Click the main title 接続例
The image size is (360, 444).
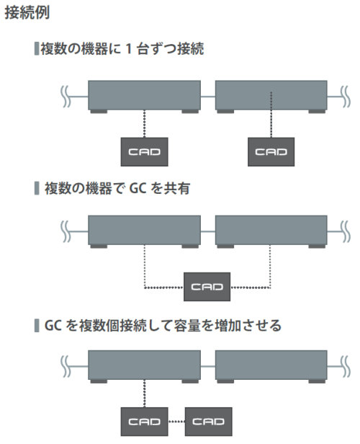pyautogui.click(x=27, y=13)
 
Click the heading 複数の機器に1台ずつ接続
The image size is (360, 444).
pyautogui.click(x=122, y=48)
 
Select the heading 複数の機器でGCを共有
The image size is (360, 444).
pyautogui.click(x=117, y=188)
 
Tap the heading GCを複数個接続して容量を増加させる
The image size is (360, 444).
pyautogui.click(x=163, y=325)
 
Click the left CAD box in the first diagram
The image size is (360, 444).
pyautogui.click(x=144, y=152)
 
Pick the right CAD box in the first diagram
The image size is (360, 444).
pyautogui.click(x=271, y=152)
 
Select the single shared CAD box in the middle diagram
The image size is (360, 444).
pyautogui.click(x=207, y=287)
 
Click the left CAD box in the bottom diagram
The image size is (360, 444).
pyautogui.click(x=144, y=422)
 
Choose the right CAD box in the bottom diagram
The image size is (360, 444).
pyautogui.click(x=208, y=422)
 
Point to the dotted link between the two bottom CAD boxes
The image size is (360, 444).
pyautogui.click(x=176, y=422)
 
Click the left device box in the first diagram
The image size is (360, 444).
pyautogui.click(x=144, y=97)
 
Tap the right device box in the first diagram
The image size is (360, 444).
pyautogui.click(x=271, y=97)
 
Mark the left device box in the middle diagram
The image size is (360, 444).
pyautogui.click(x=144, y=231)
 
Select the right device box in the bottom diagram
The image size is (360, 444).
pyautogui.click(x=271, y=367)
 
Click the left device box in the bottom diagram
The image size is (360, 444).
pyautogui.click(x=144, y=367)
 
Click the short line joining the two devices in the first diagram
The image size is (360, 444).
pyautogui.click(x=208, y=97)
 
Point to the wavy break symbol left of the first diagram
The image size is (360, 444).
pyautogui.click(x=66, y=97)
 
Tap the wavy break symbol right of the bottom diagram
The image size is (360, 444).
pyautogui.click(x=346, y=367)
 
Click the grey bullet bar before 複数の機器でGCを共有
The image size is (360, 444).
pyautogui.click(x=37, y=188)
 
